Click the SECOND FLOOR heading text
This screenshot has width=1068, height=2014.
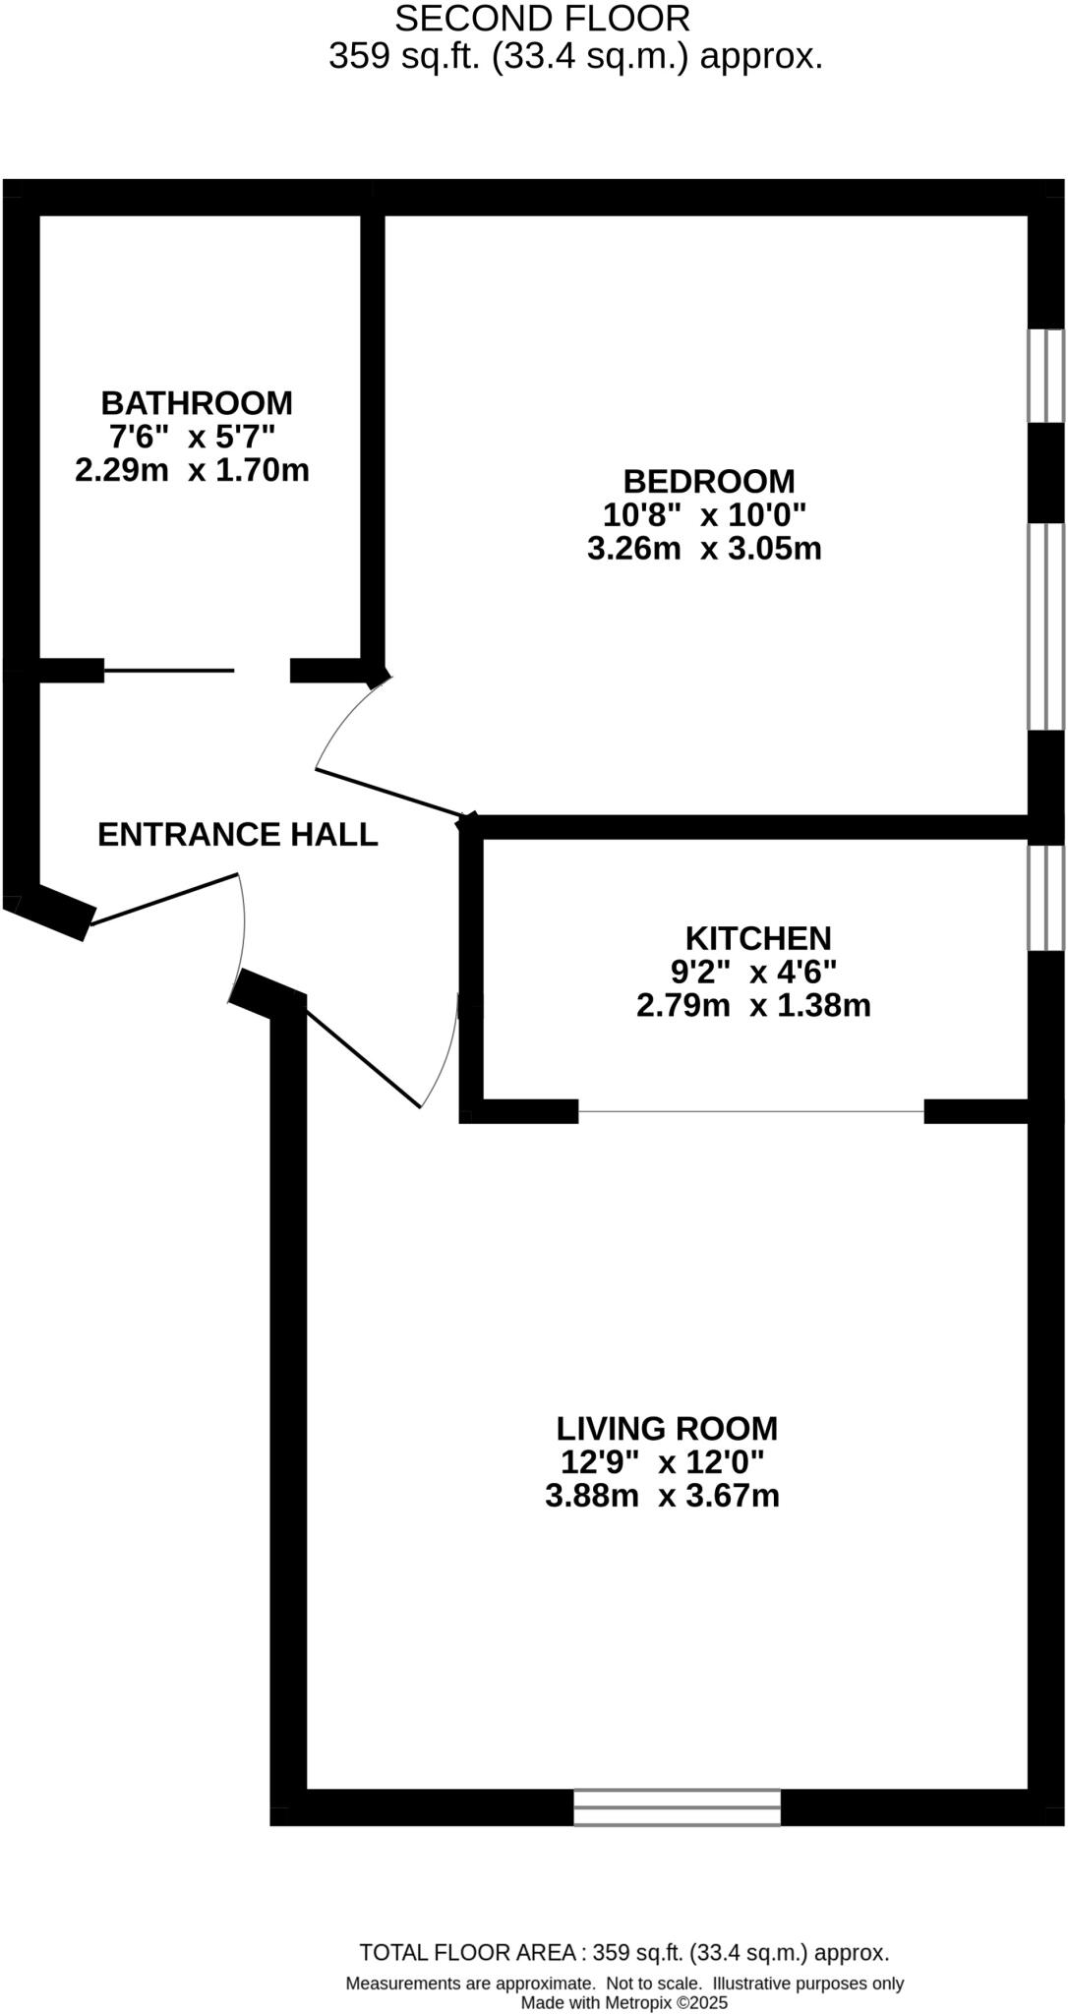pyautogui.click(x=542, y=19)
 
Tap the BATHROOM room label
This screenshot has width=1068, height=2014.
pyautogui.click(x=197, y=403)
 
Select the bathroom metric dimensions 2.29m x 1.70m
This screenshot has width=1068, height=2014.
pyautogui.click(x=192, y=470)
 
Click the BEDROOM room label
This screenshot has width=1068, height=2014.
pyautogui.click(x=709, y=482)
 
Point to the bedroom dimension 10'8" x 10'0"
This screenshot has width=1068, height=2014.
pyautogui.click(x=704, y=514)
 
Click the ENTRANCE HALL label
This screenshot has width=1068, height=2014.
pyautogui.click(x=238, y=835)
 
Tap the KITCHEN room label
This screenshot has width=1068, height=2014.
pyautogui.click(x=758, y=938)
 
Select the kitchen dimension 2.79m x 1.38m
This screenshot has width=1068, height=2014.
pyautogui.click(x=753, y=1006)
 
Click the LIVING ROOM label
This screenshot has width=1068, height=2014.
pyautogui.click(x=667, y=1428)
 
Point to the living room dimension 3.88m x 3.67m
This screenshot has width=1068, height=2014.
pyautogui.click(x=662, y=1496)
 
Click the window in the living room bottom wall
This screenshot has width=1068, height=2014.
pyautogui.click(x=677, y=1807)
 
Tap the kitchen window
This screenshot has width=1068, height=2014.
pyautogui.click(x=1046, y=898)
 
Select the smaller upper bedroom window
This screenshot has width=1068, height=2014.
pyautogui.click(x=1046, y=376)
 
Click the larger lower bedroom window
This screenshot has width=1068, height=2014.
pyautogui.click(x=1046, y=626)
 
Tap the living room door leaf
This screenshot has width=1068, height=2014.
pyautogui.click(x=362, y=1053)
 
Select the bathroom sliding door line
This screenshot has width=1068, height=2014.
pyautogui.click(x=169, y=671)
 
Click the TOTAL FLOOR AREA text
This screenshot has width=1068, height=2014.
pyautogui.click(x=623, y=1953)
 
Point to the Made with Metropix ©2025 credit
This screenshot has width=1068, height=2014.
pyautogui.click(x=623, y=2002)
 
